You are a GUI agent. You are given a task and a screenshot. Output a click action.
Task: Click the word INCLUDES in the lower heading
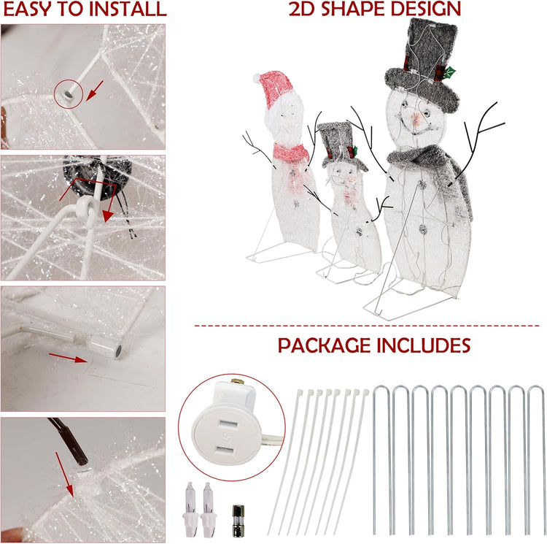coord(427,345)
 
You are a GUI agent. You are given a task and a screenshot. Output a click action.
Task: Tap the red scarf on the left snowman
coord(290,152)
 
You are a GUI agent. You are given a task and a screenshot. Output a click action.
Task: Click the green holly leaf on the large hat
coord(450,72)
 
